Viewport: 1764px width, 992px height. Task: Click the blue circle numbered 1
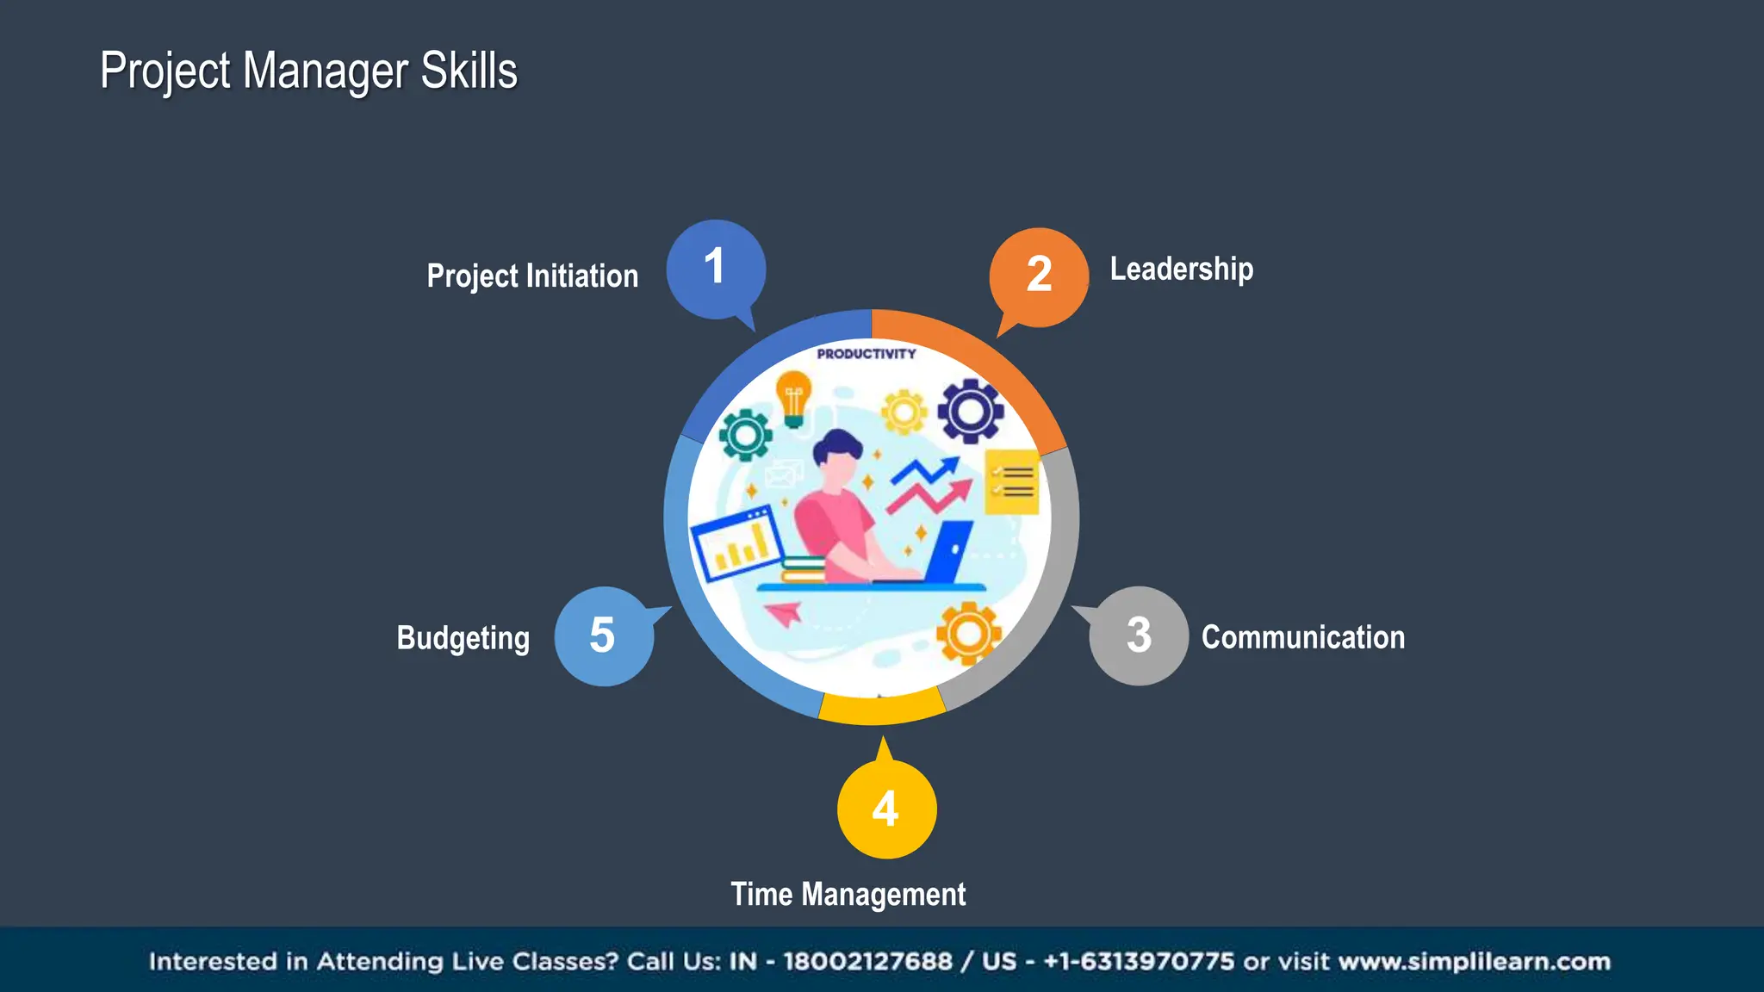pos(715,269)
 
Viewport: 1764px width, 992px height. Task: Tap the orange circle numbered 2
pos(1039,276)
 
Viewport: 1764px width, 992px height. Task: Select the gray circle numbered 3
pos(1138,635)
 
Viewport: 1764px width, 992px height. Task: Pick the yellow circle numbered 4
pos(886,809)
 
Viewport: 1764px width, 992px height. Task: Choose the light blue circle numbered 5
pos(603,635)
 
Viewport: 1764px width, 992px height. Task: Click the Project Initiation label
pos(532,276)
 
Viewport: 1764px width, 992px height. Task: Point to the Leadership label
pos(1181,270)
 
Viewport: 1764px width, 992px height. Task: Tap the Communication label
pos(1302,638)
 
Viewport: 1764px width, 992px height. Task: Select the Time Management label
pos(848,895)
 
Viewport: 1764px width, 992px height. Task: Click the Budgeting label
pos(463,639)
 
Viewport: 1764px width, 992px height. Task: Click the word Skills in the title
pos(469,71)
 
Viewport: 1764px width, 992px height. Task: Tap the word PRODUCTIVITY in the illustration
pos(866,354)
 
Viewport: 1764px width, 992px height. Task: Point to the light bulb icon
pos(793,398)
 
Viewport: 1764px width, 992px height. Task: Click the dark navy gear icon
pos(971,411)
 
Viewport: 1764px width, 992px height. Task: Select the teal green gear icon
pos(745,435)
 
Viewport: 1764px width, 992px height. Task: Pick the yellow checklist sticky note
pos(1011,482)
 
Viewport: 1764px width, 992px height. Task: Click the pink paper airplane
pos(784,614)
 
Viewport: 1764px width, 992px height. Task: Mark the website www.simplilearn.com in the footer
pos(1474,962)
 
